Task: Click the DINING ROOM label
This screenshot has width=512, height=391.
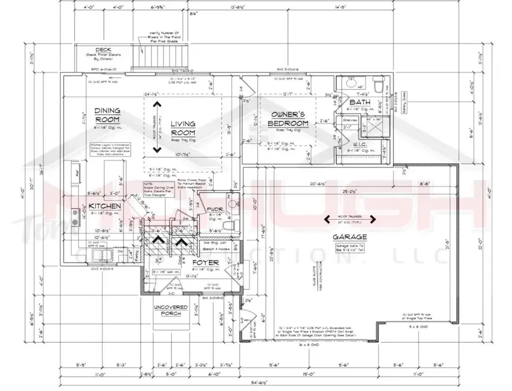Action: pyautogui.click(x=108, y=116)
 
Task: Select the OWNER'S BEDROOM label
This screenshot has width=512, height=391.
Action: pyautogui.click(x=289, y=118)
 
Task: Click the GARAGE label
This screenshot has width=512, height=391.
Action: pyautogui.click(x=351, y=236)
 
